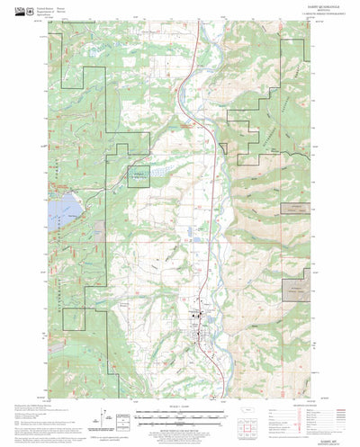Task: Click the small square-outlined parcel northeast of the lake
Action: tap(138, 177)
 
